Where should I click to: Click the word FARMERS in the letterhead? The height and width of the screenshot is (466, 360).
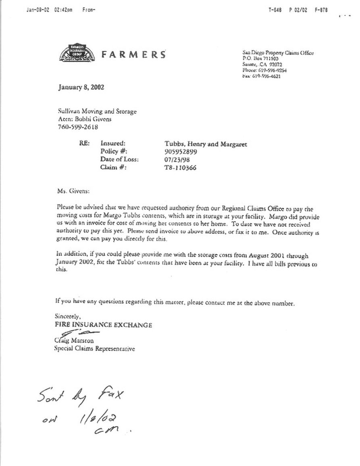coord(133,54)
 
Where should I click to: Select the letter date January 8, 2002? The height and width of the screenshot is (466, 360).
coord(81,87)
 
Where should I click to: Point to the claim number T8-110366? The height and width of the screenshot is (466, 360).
coord(178,167)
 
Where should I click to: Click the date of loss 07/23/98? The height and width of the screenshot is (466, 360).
coord(171,159)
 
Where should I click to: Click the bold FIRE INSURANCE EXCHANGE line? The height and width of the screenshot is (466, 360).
coord(103,325)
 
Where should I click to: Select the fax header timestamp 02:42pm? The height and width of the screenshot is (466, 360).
coord(63,10)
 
